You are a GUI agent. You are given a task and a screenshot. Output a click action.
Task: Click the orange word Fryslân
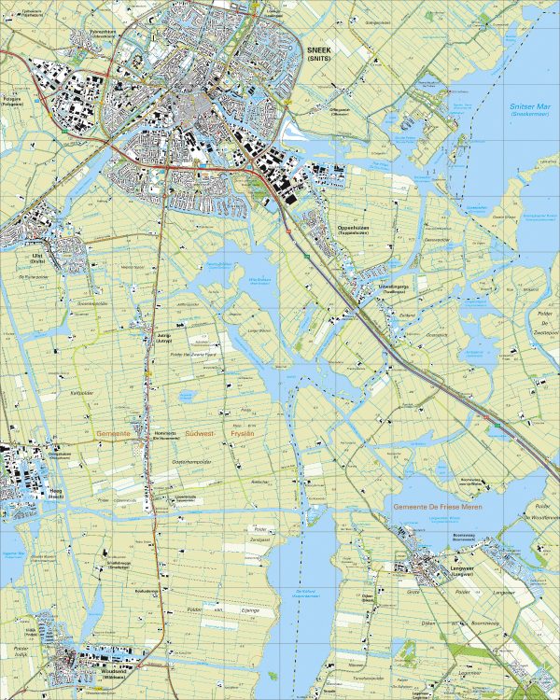coord(245,435)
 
